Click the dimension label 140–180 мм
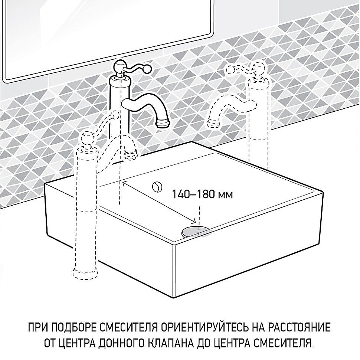(202, 194)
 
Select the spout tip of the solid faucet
(163, 123)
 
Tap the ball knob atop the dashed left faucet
(88, 138)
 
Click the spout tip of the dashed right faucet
(213, 122)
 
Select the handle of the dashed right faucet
(241, 69)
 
